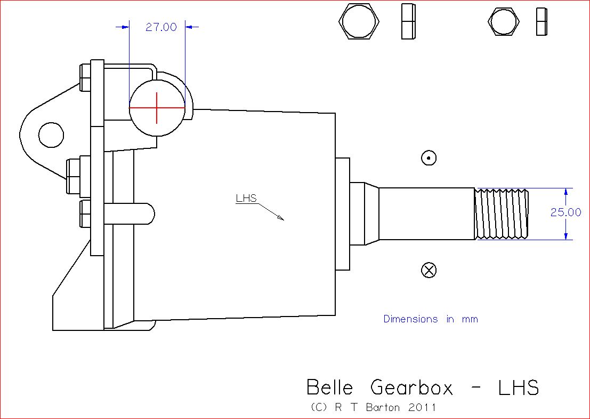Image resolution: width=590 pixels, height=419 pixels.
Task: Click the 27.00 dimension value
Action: coord(161,27)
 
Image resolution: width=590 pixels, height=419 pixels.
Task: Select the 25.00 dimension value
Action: coord(566,212)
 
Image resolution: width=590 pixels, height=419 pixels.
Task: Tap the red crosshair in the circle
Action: coord(157,108)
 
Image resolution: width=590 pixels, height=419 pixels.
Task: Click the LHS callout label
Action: coord(246,199)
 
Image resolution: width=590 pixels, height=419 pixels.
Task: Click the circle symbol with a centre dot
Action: coord(429,158)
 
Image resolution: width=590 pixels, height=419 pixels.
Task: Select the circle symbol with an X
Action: coord(429,270)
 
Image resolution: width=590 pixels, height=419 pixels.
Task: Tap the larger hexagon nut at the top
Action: coord(360,22)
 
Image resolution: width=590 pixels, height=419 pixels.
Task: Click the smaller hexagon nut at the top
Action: coord(503,22)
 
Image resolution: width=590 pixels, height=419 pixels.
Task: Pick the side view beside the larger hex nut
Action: coord(408,22)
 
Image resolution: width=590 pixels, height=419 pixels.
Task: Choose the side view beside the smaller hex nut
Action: coord(542,22)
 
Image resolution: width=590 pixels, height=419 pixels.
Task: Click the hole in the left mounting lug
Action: coord(51,134)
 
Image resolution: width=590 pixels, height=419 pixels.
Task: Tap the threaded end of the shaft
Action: coord(501,214)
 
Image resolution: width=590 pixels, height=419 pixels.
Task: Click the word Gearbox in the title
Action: coord(411,387)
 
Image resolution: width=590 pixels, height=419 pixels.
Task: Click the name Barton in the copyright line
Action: coord(383,407)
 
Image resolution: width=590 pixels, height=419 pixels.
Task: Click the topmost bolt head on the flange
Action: coord(84,77)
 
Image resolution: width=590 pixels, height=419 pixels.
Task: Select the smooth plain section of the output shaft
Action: coord(426,214)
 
